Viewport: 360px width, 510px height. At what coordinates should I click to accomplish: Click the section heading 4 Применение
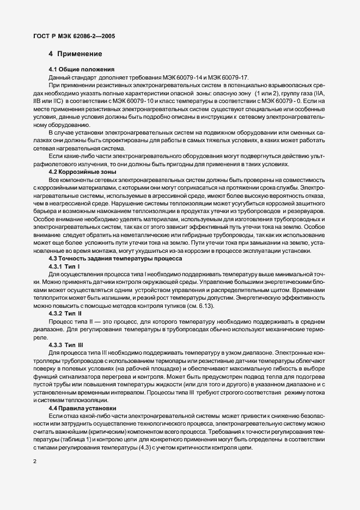[x=75, y=54]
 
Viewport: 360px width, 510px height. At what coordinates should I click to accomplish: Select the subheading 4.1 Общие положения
[x=81, y=69]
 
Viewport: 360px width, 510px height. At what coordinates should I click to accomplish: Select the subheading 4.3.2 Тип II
[x=65, y=314]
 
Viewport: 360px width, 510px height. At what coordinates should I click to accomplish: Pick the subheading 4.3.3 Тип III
[x=66, y=345]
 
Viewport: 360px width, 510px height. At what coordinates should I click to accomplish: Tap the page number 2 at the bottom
[x=35, y=462]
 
